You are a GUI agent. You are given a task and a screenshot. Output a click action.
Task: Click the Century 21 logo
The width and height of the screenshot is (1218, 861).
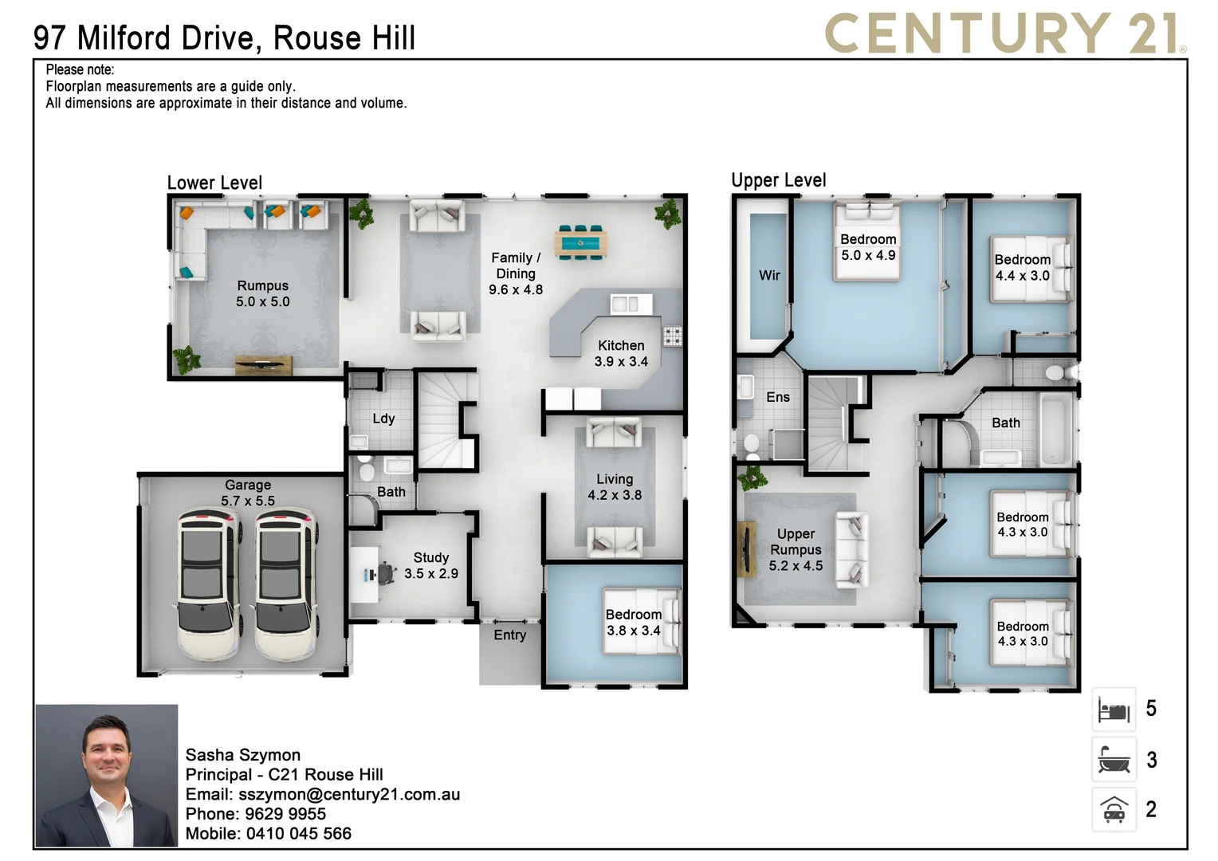1004,33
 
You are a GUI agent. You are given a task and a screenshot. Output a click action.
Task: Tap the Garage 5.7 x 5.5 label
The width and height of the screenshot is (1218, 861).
248,493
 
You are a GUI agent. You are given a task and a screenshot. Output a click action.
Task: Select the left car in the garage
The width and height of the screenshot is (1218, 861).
207,584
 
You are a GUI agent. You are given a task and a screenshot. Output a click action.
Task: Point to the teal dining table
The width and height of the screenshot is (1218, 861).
580,243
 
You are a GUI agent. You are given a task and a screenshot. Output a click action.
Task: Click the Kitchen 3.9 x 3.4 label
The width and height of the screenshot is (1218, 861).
621,353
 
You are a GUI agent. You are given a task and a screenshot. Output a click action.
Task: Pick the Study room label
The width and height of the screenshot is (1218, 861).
430,565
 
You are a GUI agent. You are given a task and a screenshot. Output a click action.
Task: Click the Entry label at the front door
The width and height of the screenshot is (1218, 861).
509,635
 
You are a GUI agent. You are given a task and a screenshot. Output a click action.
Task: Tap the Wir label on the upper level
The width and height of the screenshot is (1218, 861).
769,275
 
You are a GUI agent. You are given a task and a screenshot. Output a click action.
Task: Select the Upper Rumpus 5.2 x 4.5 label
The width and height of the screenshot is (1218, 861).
796,549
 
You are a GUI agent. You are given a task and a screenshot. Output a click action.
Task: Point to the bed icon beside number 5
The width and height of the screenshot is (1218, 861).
1114,709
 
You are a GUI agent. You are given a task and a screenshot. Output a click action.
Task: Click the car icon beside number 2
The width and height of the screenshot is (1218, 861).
1114,810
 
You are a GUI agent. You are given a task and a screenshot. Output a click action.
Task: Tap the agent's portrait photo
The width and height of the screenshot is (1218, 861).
106,775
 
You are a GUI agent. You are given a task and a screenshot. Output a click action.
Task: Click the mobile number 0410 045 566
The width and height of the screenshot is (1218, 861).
298,833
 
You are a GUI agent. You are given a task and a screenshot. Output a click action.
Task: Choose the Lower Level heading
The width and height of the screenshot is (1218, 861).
214,183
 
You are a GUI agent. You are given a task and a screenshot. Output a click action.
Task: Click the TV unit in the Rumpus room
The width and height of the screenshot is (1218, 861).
263,365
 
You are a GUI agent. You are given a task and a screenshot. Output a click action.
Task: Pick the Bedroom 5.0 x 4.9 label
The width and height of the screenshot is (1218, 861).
868,247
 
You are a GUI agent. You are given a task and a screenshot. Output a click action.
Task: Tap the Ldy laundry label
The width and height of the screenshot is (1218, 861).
383,419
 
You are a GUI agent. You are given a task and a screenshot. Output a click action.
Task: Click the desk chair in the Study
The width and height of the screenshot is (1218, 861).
386,572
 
